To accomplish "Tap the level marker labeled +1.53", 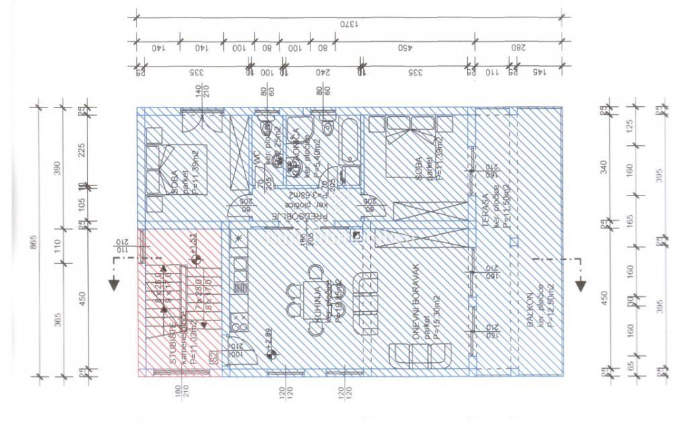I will click(195, 257).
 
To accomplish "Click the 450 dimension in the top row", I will click(404, 48).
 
